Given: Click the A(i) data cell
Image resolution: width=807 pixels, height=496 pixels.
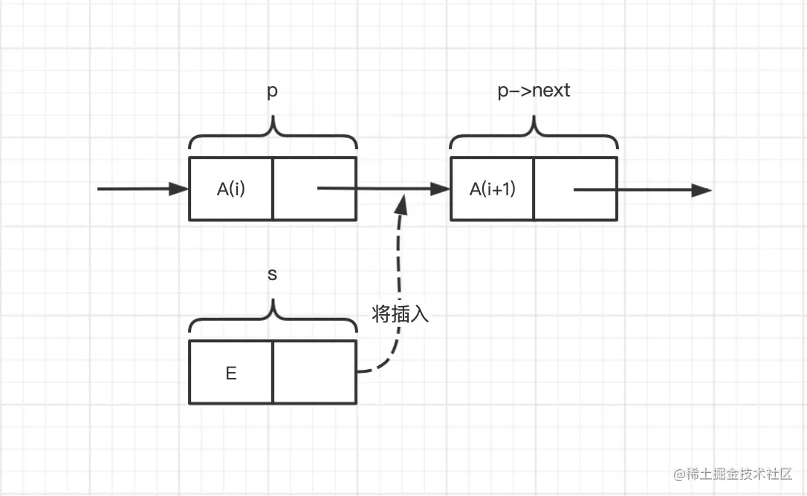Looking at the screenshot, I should coord(231,189).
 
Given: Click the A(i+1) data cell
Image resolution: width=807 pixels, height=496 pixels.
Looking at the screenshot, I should coord(492,189).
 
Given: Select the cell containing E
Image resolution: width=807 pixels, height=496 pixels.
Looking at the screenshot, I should coord(231,373).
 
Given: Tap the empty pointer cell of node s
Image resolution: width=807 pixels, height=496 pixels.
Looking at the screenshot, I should coord(315,373).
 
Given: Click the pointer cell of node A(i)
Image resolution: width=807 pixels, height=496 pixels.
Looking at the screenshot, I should coord(315,189).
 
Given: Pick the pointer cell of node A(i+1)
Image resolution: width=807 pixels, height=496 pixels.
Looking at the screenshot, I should coord(576,189).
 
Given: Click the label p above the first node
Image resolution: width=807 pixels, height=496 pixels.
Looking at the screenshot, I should coord(273,91).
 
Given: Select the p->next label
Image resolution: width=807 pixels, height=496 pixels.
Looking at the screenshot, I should coord(534,91).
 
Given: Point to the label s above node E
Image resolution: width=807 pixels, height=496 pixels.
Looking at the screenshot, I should coord(272,274).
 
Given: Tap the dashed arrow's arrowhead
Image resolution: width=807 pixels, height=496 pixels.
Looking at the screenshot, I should coord(403,201).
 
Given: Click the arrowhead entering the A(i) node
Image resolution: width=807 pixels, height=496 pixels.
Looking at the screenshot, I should coord(180,189).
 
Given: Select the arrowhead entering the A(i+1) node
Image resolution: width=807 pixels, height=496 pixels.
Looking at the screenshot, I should coord(441,189).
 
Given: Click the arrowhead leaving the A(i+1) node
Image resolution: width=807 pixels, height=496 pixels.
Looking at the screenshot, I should coord(701,190).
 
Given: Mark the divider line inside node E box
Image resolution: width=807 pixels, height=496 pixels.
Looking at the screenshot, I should coord(273,373).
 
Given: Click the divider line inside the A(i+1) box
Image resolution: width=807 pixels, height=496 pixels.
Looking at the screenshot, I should coord(534,189).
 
